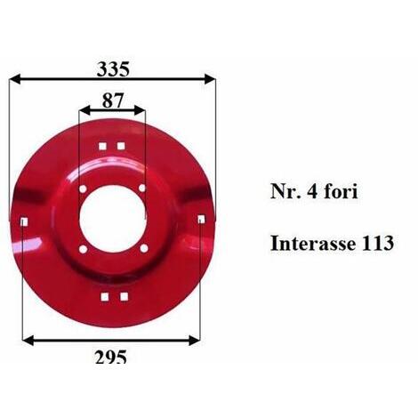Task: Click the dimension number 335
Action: tap(113, 69)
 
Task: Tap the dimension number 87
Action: tap(112, 100)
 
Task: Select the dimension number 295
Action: tap(111, 357)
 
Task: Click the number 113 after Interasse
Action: tap(378, 244)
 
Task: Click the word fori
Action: tap(341, 191)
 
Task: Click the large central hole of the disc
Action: tap(113, 219)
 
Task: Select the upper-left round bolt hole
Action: tap(83, 189)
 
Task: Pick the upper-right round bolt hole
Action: tap(142, 188)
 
